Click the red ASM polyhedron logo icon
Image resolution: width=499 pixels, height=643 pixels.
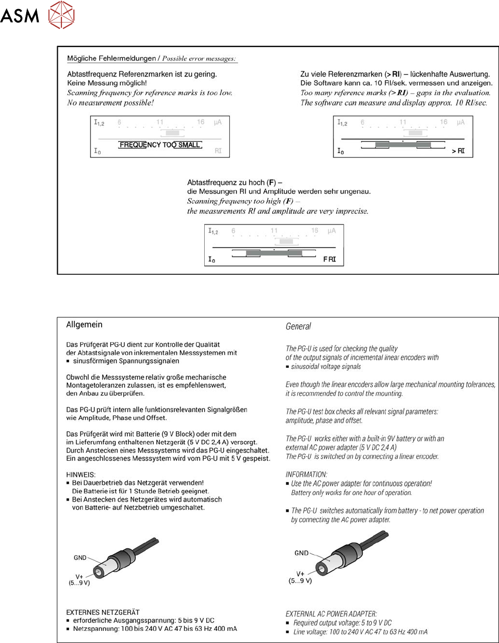[x=61, y=15]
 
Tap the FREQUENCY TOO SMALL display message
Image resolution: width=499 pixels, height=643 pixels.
[x=160, y=145]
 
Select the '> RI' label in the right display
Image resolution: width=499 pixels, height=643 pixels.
[x=458, y=151]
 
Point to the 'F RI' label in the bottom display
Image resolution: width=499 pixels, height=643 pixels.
[x=329, y=260]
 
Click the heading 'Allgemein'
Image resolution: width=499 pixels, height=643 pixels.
[x=85, y=325]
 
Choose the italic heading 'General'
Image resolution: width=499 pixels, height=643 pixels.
[x=298, y=327]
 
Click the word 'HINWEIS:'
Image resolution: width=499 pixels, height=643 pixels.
[x=81, y=474]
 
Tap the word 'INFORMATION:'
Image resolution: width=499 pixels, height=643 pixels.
[x=306, y=474]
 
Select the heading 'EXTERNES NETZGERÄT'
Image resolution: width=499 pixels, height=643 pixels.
[x=103, y=612]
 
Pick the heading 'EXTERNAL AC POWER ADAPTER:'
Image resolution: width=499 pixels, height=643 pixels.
[x=331, y=614]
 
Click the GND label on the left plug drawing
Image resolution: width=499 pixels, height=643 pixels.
[x=80, y=557]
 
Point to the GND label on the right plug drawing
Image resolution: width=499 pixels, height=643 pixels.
[x=301, y=553]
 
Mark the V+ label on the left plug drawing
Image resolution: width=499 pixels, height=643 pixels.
[x=79, y=577]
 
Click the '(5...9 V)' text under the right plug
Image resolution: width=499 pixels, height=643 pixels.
[x=300, y=581]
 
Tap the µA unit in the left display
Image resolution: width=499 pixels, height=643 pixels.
[x=218, y=122]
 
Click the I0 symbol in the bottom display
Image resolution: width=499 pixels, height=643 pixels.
[x=212, y=260]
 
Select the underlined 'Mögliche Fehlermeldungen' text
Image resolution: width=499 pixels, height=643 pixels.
[x=112, y=58]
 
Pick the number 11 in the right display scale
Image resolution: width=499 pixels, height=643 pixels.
[x=403, y=122]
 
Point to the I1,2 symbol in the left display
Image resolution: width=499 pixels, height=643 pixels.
[x=99, y=122]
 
